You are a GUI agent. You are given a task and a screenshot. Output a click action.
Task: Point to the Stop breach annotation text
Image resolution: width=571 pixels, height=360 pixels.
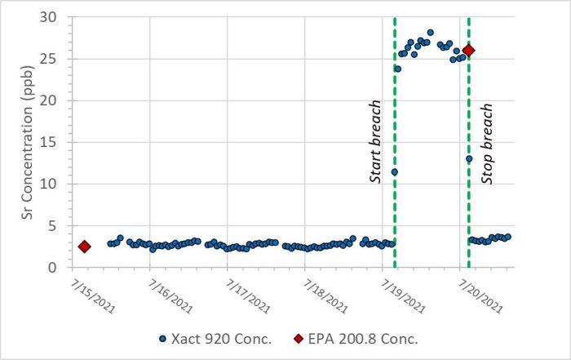coord(487,143)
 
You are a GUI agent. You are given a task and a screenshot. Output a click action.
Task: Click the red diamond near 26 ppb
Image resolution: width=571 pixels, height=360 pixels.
coord(468,51)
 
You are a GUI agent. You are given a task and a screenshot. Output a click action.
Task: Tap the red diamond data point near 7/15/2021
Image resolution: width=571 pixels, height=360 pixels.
coord(84,247)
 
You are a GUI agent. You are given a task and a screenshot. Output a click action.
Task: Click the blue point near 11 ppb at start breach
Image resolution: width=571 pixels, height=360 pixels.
coord(394,171)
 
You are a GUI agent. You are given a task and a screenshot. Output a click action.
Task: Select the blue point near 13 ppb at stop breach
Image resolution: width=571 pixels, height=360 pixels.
coord(469,158)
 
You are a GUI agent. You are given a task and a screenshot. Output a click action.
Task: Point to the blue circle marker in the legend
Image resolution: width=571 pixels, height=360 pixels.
coord(162,338)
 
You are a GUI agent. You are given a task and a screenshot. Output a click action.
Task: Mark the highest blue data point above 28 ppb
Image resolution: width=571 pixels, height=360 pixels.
coord(430,33)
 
